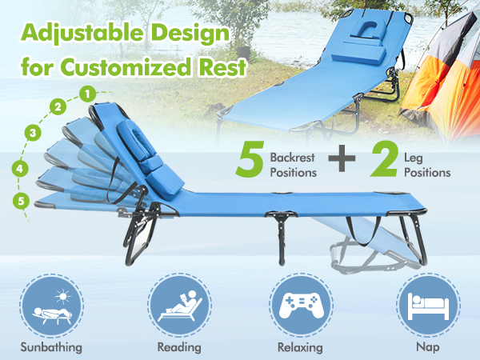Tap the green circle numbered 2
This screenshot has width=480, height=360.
(x=58, y=106)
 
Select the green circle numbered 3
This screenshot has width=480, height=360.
(x=34, y=132)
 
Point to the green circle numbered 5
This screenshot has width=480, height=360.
(x=21, y=201)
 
